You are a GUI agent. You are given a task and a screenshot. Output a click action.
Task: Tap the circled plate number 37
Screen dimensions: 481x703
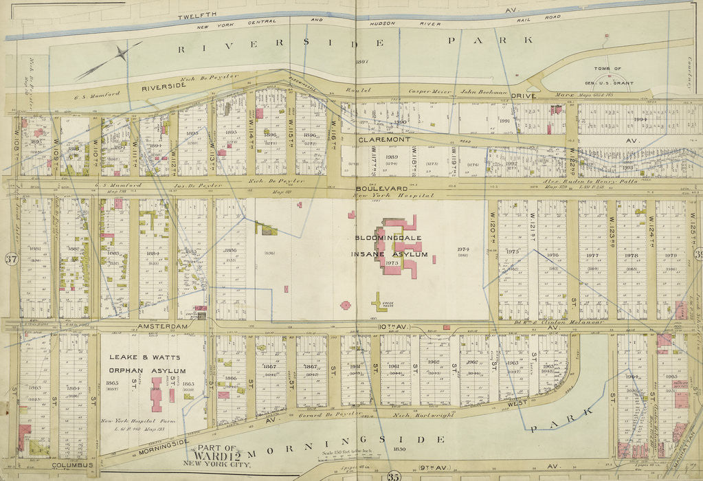[x=10, y=258]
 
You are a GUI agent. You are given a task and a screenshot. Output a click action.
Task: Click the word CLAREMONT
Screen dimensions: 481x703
[x=384, y=139]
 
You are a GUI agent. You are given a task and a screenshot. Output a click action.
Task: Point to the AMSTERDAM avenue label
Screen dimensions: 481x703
[x=163, y=326]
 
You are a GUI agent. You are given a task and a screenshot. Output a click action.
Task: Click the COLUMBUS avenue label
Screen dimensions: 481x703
[x=72, y=465]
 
